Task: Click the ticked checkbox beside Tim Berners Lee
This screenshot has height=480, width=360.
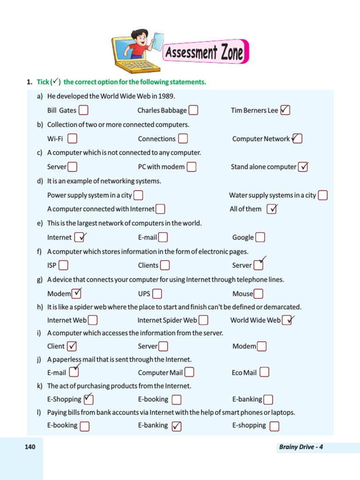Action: click(285, 111)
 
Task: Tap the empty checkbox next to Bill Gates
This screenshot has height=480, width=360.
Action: click(83, 111)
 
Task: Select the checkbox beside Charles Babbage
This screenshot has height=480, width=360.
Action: click(193, 111)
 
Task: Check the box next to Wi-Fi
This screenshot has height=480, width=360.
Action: click(73, 139)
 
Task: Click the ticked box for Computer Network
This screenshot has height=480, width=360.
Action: click(297, 139)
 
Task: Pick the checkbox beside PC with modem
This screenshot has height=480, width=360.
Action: click(191, 167)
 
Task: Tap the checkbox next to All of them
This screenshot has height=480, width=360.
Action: click(272, 209)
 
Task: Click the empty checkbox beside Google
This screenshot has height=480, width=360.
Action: click(260, 237)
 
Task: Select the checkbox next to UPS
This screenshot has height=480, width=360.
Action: click(157, 294)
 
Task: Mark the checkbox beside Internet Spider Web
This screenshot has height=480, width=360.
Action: click(203, 320)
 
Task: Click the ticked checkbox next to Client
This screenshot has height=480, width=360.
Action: click(72, 346)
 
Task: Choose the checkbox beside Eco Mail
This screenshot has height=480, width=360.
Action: click(264, 372)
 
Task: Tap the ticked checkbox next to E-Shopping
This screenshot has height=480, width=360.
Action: click(89, 399)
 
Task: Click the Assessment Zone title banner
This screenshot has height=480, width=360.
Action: click(205, 52)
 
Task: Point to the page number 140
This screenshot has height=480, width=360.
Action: click(30, 447)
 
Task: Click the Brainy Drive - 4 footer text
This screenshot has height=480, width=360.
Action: click(300, 447)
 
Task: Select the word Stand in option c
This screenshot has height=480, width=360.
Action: click(240, 167)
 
